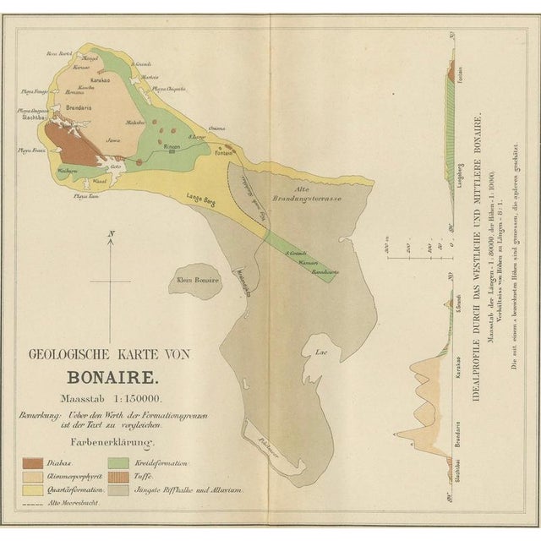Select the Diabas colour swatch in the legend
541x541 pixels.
click(35, 463)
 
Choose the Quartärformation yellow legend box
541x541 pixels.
click(35, 489)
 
